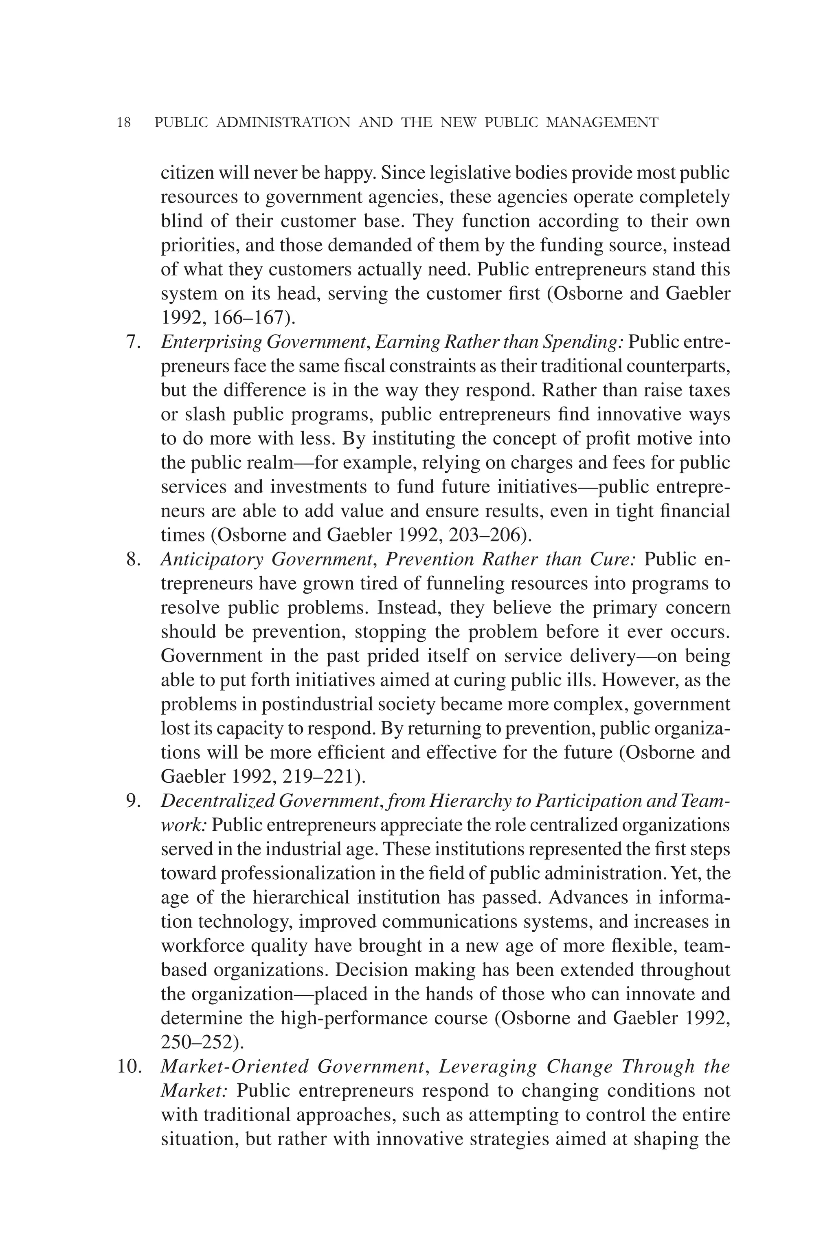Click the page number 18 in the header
(123, 123)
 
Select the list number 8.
(133, 559)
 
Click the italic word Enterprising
(211, 342)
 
